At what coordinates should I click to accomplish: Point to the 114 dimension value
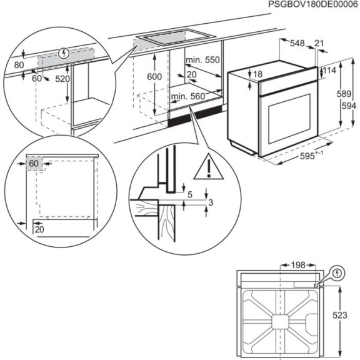330,71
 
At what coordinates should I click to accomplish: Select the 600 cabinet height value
154,76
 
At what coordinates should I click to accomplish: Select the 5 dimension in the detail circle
189,195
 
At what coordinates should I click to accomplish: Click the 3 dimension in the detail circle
212,202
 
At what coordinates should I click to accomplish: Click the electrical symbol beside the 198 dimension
337,272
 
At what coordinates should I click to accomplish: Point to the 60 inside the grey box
34,163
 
